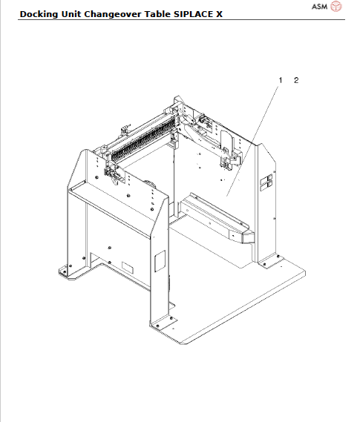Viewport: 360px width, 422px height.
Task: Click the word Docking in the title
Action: (x=39, y=13)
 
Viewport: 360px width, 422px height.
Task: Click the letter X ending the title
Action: (x=219, y=13)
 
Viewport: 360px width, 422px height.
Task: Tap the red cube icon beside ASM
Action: (x=336, y=7)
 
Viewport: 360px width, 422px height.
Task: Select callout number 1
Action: (x=281, y=79)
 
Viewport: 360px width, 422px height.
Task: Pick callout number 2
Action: (x=296, y=79)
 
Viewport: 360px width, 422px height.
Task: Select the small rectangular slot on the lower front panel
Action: (x=127, y=266)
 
